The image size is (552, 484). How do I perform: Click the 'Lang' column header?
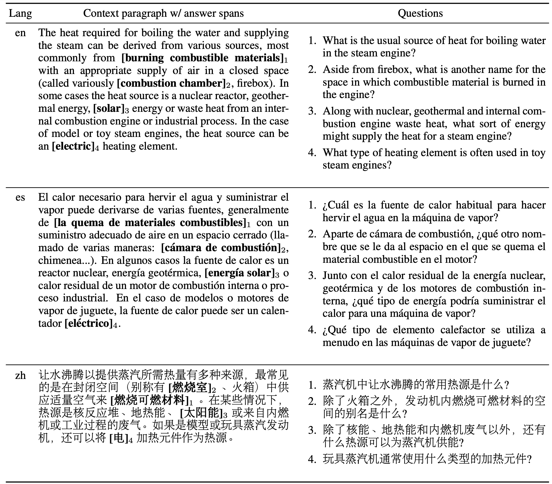(20, 13)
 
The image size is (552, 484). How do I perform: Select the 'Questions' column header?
(420, 13)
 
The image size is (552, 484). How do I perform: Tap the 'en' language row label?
(20, 33)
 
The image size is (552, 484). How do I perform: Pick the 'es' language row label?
(20, 197)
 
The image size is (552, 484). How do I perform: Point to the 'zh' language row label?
(20, 375)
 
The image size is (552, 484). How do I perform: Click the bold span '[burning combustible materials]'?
(202, 58)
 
